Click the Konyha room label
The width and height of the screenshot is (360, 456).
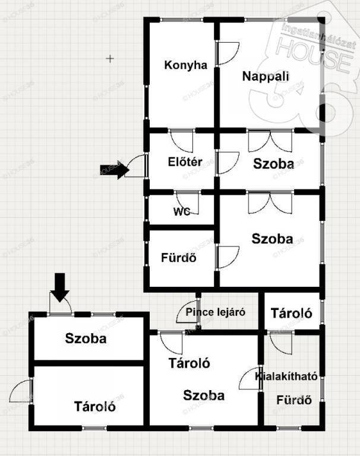[x=186, y=65]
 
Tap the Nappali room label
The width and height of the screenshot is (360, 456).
[x=266, y=76]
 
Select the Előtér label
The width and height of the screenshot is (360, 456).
[x=185, y=161]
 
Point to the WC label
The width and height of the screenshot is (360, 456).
[x=182, y=211]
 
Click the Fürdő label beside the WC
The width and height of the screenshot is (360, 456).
[x=178, y=258]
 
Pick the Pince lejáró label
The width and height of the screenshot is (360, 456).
[x=215, y=312]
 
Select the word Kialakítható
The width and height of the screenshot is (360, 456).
[x=286, y=376]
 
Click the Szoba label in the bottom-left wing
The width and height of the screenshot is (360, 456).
[x=86, y=338]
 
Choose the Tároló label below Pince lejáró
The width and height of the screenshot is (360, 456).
[x=190, y=363]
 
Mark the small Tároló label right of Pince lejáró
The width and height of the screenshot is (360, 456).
[x=292, y=313]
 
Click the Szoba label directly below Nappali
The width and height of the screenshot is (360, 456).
[x=273, y=164]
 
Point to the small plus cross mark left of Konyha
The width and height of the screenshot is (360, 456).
[x=110, y=58]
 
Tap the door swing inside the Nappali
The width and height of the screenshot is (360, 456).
[x=228, y=53]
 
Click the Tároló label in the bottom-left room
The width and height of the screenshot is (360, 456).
[x=94, y=407]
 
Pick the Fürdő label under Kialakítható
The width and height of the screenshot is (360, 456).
[x=295, y=400]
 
